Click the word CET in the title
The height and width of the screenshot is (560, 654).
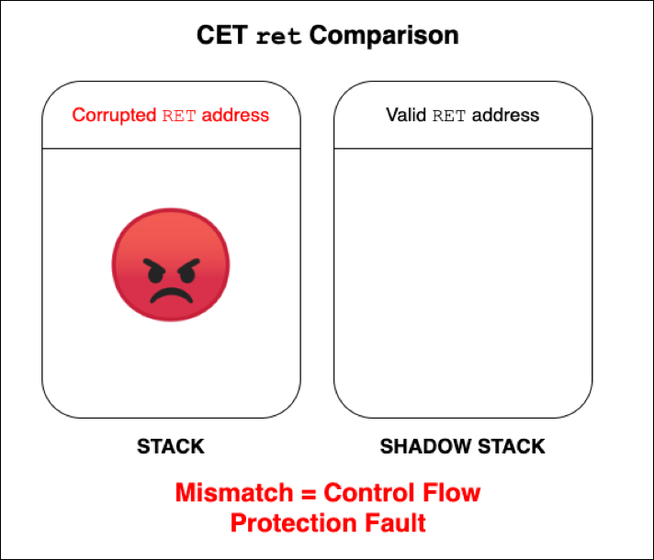pyautogui.click(x=223, y=37)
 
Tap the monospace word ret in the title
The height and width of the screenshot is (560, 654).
pyautogui.click(x=278, y=38)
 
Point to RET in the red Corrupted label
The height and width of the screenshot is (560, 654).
pyautogui.click(x=179, y=116)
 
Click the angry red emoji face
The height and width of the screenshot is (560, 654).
pyautogui.click(x=170, y=265)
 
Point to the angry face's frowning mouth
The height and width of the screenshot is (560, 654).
pyautogui.click(x=170, y=296)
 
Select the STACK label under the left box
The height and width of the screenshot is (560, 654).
pyautogui.click(x=170, y=447)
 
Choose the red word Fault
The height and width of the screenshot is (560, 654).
pyautogui.click(x=394, y=523)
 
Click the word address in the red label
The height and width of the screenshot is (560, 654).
pyautogui.click(x=235, y=116)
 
